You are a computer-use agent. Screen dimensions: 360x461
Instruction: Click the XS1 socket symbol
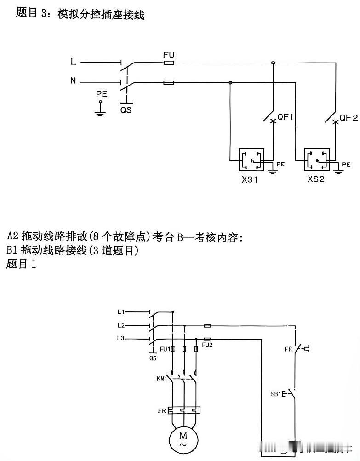pos(251,159)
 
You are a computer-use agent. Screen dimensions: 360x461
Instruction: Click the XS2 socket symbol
pos(317,159)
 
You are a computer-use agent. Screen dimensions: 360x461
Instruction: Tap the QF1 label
pos(286,117)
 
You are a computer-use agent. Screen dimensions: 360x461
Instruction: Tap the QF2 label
pos(349,118)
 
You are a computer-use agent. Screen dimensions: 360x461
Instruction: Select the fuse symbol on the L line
pos(168,63)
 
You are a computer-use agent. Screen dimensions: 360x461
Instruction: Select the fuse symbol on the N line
pos(168,83)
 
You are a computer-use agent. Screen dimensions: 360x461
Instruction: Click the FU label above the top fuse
pos(169,55)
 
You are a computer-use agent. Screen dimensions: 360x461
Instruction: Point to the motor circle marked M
pos(183,439)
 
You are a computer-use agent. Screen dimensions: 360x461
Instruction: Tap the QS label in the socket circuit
pos(126,110)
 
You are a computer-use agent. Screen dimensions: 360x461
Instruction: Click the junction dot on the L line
pos(273,63)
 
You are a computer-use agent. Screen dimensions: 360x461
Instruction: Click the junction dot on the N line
pos(230,83)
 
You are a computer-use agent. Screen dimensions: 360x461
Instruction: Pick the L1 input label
pos(121,311)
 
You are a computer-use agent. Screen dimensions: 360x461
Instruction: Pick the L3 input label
pos(121,338)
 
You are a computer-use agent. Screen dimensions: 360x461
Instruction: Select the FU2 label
pos(207,345)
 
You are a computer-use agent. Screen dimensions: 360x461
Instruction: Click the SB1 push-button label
pos(276,394)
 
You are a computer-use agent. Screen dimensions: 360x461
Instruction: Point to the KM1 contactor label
pos(162,379)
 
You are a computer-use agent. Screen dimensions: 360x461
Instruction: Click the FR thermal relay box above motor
pos(184,410)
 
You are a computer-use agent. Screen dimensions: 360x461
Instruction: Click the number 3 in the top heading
pos(44,13)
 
